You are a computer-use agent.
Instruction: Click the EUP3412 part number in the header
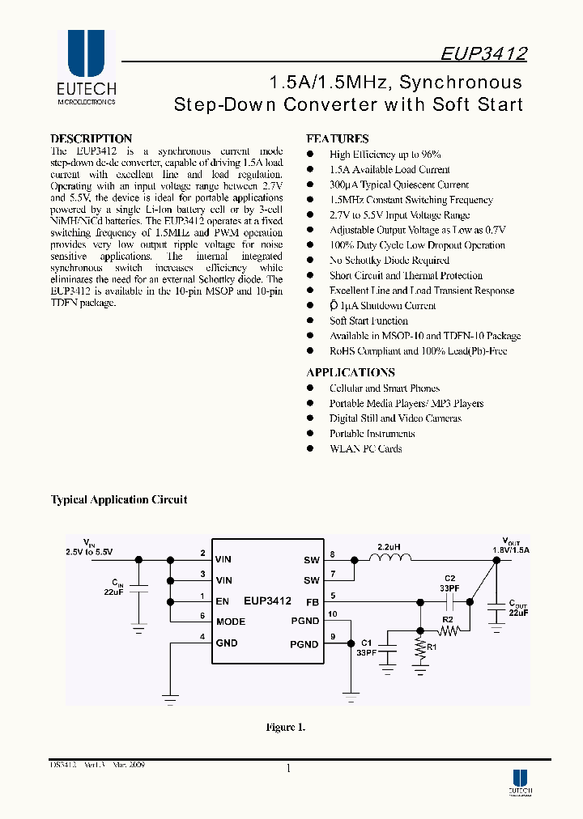pos(484,54)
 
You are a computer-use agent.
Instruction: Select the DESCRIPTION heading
pos(91,138)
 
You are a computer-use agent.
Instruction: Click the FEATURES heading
pos(337,138)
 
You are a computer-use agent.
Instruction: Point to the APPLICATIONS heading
pos(351,372)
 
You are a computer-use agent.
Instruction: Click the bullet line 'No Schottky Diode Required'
pos(389,261)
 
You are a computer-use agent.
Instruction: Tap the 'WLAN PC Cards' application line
pos(365,449)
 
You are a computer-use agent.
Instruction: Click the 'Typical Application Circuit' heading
pos(119,499)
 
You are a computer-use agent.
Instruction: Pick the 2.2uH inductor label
pos(389,548)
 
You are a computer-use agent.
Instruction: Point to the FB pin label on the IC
pos(312,601)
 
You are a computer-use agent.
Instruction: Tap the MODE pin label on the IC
pos(231,622)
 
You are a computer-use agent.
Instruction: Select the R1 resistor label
pos(432,647)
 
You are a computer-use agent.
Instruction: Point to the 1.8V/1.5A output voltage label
pos(510,550)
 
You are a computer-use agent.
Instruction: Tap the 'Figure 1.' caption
pos(286,728)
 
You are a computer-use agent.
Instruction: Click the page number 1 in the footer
pos(288,769)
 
